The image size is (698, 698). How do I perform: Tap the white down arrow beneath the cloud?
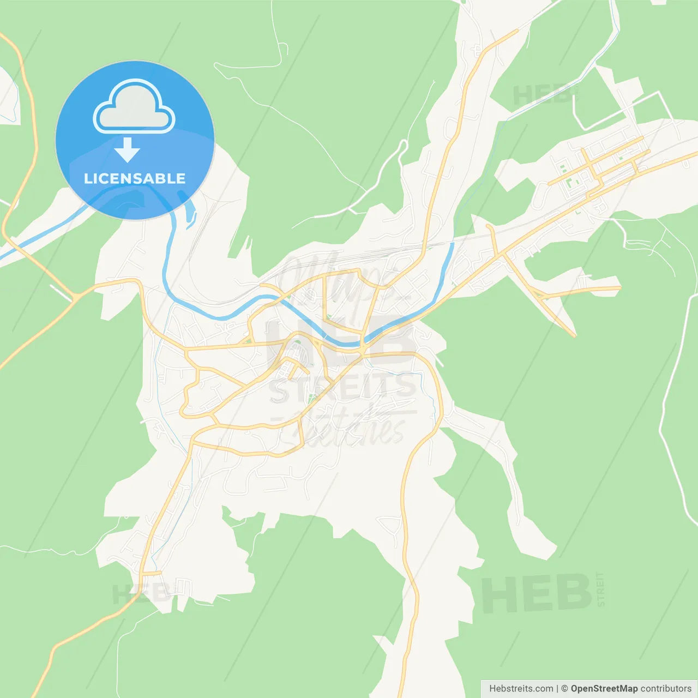tap(128, 150)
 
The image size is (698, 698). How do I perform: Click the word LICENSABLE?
tap(135, 178)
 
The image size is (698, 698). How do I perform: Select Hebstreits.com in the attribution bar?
tap(521, 689)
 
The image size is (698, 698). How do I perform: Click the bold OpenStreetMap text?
tap(604, 689)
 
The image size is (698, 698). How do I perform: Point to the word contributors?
tap(665, 689)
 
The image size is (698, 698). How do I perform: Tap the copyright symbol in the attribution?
tap(564, 689)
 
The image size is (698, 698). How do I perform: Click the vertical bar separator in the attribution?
tap(557, 689)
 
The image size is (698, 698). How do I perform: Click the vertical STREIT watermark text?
tap(601, 589)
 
